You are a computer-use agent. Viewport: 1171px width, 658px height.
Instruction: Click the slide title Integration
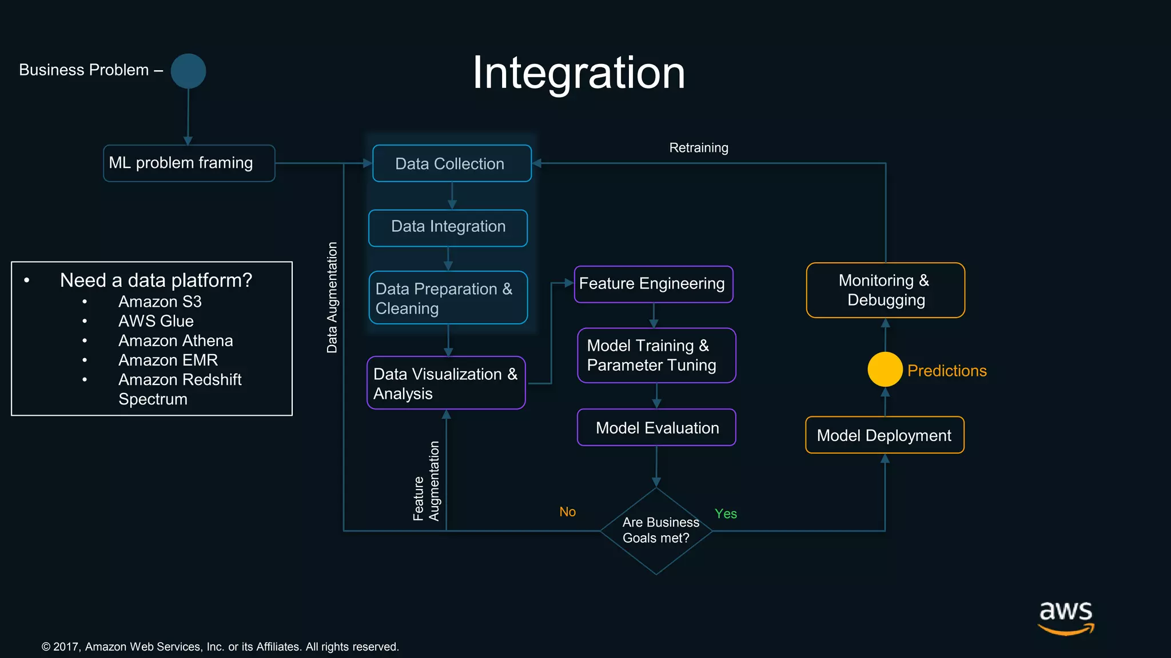579,73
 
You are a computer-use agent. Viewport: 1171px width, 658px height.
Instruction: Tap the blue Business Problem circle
188,71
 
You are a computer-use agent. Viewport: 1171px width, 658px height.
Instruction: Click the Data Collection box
452,163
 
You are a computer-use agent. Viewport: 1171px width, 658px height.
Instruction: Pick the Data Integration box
448,228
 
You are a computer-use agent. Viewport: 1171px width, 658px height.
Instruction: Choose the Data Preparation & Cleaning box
448,298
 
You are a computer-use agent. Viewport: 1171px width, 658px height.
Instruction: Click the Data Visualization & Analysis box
446,383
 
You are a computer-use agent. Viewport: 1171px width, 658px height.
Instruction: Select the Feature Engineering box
653,284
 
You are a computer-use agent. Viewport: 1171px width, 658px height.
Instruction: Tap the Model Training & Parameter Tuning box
656,355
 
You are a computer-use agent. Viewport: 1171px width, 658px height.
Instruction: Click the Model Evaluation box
656,427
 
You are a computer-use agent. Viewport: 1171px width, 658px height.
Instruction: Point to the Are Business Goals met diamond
656,531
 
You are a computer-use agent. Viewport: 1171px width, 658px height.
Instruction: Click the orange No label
567,512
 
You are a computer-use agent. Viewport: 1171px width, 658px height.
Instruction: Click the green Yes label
726,513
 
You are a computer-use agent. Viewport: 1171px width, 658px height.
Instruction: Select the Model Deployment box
885,435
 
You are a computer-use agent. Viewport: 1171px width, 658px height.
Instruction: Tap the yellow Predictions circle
885,369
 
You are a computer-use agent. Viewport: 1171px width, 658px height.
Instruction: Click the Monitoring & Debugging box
885,290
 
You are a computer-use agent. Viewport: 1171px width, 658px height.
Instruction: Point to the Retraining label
699,148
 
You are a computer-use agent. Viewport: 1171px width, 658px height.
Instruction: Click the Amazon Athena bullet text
176,341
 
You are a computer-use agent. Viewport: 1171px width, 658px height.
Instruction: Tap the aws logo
1066,617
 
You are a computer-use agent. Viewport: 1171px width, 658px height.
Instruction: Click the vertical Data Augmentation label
332,297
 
